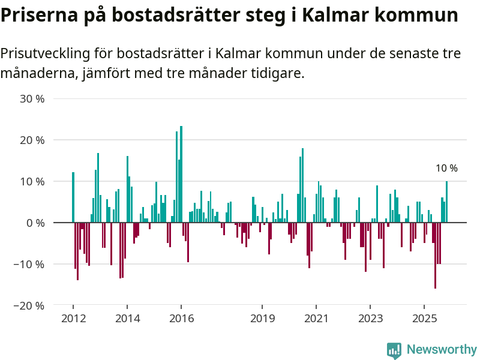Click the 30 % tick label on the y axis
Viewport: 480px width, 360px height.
coord(32,98)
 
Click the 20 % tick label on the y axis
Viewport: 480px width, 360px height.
coord(32,140)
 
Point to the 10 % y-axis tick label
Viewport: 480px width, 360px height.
coord(32,181)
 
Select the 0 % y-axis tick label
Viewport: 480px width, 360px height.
coord(35,223)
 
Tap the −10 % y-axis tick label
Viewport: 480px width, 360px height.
coord(29,264)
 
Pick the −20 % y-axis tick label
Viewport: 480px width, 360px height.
coord(29,305)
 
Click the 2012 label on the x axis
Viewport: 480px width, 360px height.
coord(73,319)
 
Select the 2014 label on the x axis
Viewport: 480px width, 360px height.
coord(127,319)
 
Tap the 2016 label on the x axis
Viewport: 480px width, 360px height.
coord(181,319)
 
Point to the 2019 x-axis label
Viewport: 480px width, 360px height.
coord(262,319)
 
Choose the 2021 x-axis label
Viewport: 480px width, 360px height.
coord(316,319)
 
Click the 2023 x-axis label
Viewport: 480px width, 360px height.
coord(370,319)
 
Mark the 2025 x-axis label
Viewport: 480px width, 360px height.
coord(424,319)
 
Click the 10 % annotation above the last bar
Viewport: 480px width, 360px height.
coord(446,169)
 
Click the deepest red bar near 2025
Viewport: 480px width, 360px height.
coord(435,255)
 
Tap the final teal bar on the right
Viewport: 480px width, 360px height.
coord(446,202)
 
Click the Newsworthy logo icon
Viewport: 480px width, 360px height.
coord(394,350)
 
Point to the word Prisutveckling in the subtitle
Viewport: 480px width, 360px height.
coord(45,53)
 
